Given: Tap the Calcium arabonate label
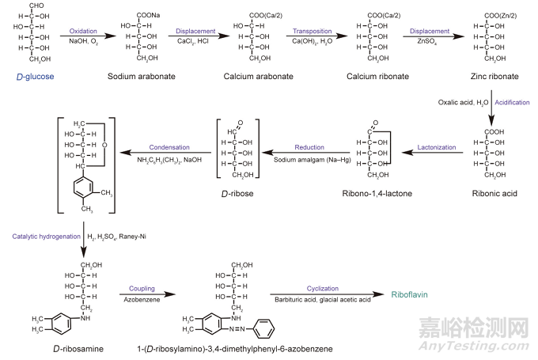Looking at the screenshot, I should point(250,75).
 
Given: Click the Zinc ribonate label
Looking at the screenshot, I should point(478,75).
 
